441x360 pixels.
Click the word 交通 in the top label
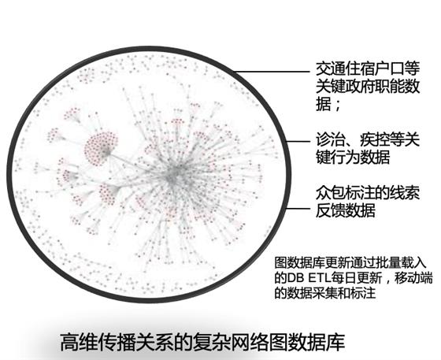[x=330, y=69]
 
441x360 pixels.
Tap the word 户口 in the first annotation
[x=390, y=69]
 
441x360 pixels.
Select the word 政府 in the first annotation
[x=360, y=86]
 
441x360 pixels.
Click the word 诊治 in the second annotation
[x=330, y=139]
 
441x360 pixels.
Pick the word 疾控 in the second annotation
[x=375, y=139]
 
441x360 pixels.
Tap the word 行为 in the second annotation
[x=345, y=157]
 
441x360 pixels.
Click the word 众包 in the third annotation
[x=330, y=193]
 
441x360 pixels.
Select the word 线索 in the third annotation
[x=405, y=193]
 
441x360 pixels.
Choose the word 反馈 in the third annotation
[x=330, y=210]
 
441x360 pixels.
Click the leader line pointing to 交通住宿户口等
[x=272, y=72]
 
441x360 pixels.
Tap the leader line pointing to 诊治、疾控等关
[x=298, y=141]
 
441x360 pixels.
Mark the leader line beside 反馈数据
[x=298, y=209]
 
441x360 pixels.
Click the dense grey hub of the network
[x=174, y=174]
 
